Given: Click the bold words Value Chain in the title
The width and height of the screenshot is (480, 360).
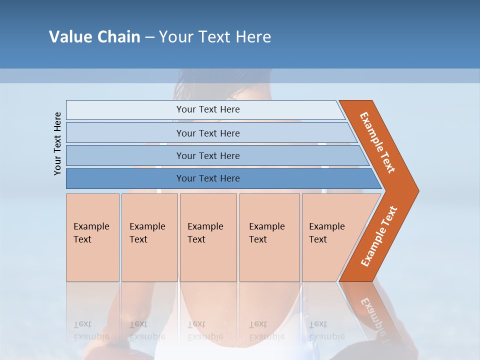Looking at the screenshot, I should point(94,37).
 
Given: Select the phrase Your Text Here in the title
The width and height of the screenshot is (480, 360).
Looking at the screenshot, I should point(215,37).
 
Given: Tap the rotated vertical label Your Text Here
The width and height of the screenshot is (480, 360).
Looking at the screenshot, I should point(57,143).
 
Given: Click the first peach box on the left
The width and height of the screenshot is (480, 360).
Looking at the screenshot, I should point(92,237).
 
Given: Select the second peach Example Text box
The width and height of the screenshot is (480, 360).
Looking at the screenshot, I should point(149,237).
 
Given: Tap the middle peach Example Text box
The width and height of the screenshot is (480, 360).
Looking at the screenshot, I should point(208,237).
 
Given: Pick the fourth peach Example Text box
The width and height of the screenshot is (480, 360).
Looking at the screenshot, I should point(269,237).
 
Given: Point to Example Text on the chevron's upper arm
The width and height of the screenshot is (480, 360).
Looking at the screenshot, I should point(377,142).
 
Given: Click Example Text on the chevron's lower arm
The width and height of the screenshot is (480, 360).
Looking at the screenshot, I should point(379,236).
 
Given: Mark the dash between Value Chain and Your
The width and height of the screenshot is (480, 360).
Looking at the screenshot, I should point(149,37).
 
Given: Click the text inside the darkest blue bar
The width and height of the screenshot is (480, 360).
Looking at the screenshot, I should point(208,178).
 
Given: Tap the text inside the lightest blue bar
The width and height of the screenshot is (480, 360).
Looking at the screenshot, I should point(208,109).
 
